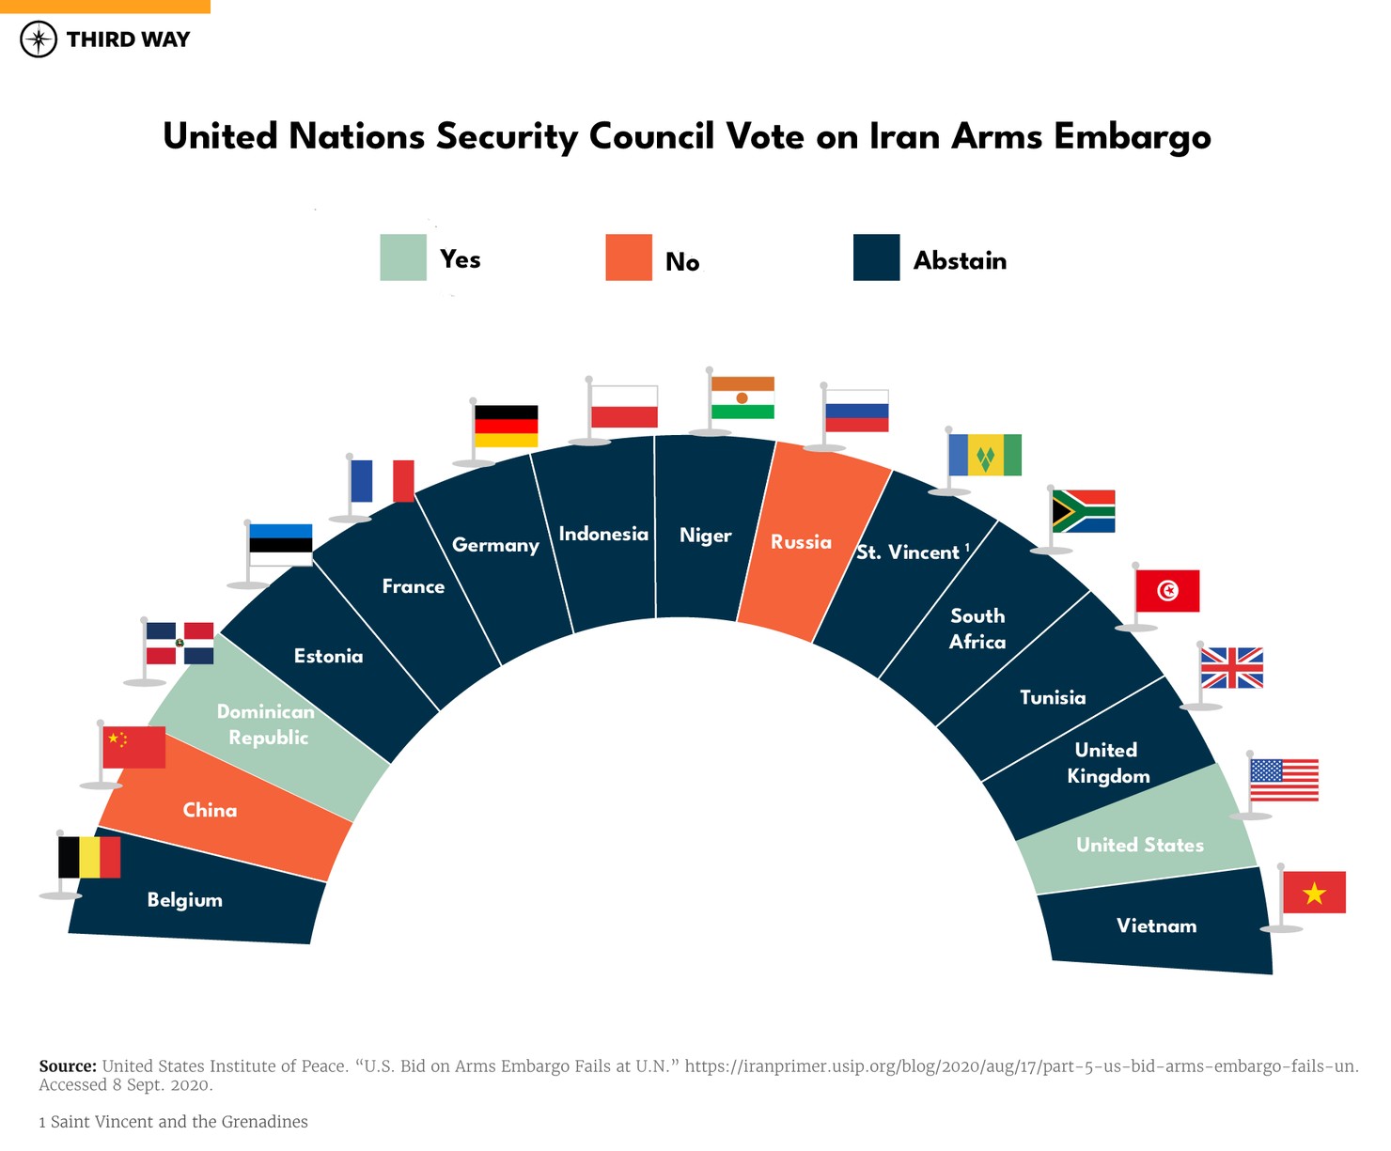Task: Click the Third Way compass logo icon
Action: point(39,39)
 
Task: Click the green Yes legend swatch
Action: point(403,257)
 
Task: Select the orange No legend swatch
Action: point(629,257)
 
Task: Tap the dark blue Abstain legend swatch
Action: point(876,257)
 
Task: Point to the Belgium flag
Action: point(89,857)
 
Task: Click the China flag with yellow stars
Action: point(133,747)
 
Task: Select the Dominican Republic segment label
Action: point(266,724)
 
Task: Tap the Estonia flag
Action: point(280,545)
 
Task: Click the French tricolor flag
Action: point(383,481)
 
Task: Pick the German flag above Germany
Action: point(506,426)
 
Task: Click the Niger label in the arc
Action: point(705,536)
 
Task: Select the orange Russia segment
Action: point(801,542)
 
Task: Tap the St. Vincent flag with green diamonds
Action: point(985,455)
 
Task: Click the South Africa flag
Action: point(1083,511)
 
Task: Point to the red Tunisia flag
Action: point(1167,590)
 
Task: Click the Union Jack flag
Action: point(1231,668)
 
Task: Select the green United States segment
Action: point(1139,845)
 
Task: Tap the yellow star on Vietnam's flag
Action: point(1314,894)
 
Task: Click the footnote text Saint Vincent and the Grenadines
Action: point(179,1121)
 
